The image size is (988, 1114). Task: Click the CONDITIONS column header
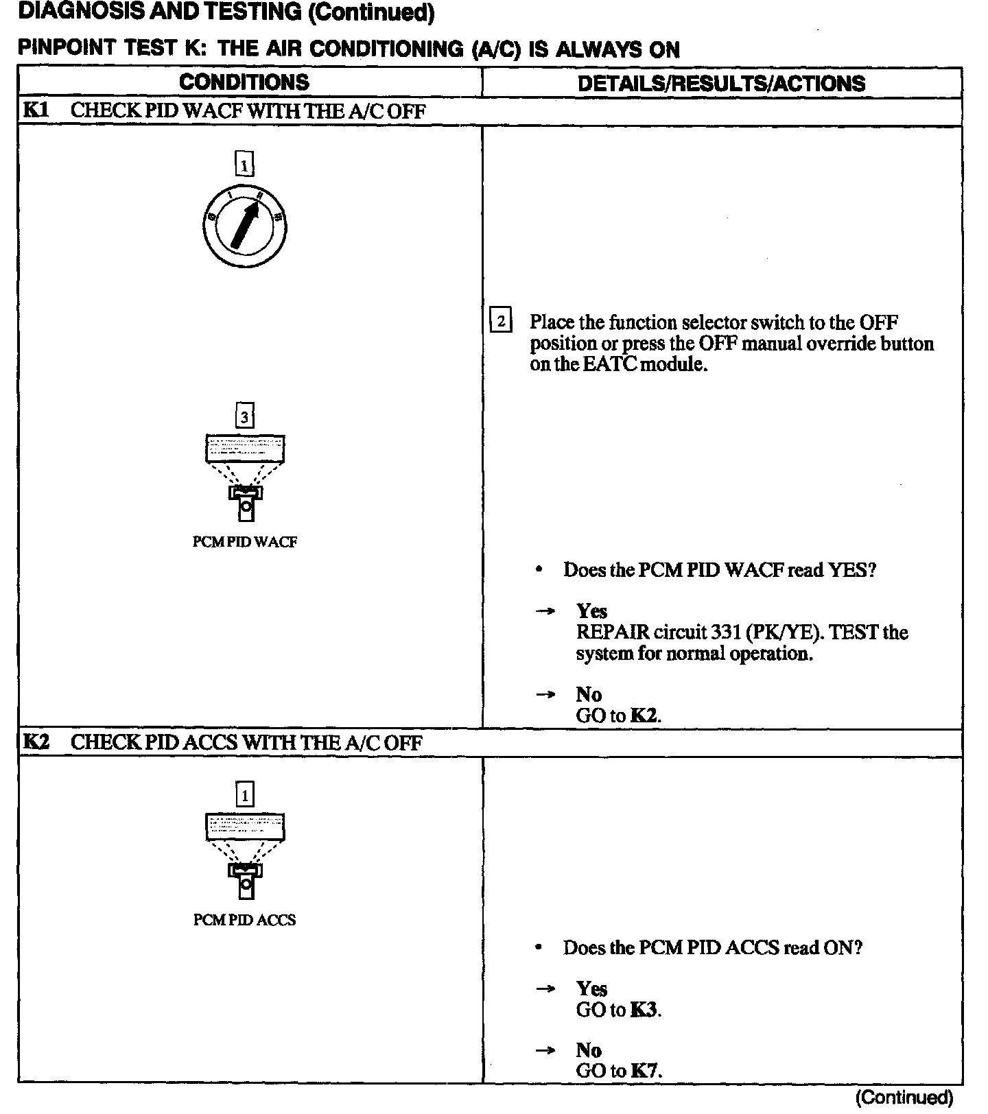coord(244,82)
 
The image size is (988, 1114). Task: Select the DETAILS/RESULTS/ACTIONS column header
coord(721,83)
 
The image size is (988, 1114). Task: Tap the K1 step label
coord(36,110)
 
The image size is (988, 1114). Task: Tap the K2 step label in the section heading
coord(36,742)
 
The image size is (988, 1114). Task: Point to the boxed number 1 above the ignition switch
coord(244,165)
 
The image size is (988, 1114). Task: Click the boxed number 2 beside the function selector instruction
coord(501,321)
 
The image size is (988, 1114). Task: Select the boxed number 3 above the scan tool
coord(245,416)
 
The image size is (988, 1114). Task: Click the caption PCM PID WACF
coord(245,542)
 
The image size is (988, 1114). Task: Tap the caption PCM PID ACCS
coord(244,920)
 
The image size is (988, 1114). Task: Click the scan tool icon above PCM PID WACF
coord(245,477)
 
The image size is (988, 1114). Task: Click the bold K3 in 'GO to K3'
coord(644,1010)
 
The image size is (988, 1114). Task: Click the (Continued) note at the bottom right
coord(904,1098)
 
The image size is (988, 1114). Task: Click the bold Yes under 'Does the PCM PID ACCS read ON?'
coord(591,988)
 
